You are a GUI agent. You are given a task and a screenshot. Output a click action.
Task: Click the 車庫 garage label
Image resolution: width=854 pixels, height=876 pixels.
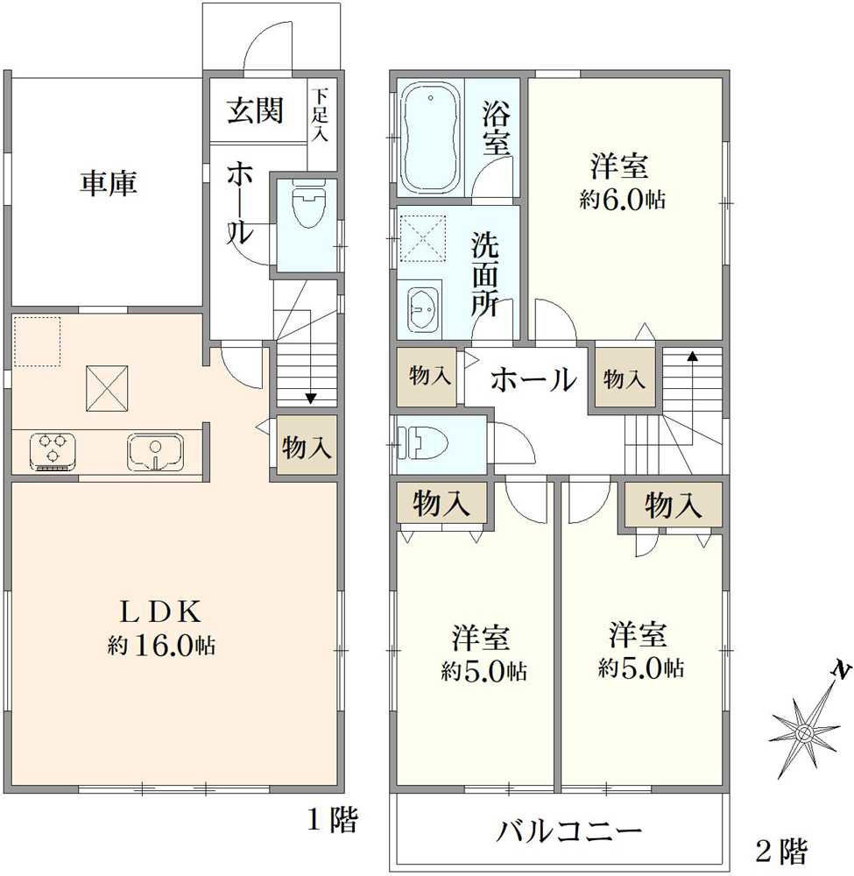pos(109,183)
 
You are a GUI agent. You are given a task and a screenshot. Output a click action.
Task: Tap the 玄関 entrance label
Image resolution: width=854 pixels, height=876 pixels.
pos(255,110)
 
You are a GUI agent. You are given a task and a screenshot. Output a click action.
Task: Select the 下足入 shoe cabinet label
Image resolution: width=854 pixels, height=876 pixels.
pos(321,115)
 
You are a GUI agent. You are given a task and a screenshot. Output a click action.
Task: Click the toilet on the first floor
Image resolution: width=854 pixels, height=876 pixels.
pos(309,203)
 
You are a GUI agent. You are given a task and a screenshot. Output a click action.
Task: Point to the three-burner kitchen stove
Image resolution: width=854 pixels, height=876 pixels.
pos(53,451)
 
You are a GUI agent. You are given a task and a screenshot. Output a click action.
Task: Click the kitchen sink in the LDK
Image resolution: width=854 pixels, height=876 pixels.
pos(155,451)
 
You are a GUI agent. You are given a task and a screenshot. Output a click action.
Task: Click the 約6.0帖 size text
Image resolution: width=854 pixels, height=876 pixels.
pos(622,199)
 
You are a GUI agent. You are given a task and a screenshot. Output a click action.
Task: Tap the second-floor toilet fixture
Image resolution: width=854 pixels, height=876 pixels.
pos(422,442)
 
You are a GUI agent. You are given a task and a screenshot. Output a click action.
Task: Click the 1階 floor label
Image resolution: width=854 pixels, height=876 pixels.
pos(333,820)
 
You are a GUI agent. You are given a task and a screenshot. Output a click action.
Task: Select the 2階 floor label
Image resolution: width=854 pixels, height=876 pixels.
pos(781,851)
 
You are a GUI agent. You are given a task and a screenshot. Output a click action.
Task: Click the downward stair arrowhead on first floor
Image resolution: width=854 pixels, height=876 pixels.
pos(311,399)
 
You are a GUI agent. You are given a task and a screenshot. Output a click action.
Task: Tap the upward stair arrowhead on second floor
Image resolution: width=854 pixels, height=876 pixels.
pos(692,356)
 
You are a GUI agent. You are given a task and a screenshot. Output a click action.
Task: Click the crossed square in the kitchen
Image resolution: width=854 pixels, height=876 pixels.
pos(107,388)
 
